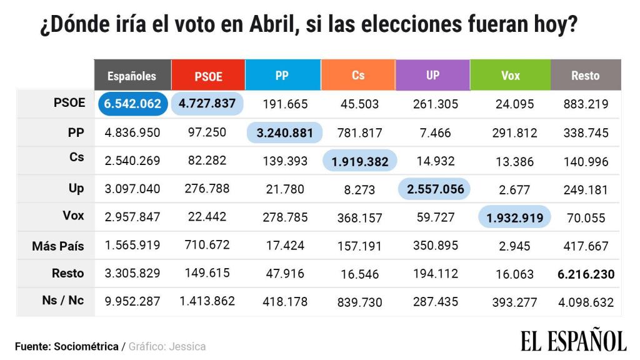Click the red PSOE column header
[x=208, y=76]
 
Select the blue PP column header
[x=282, y=76]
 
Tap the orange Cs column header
[x=358, y=76]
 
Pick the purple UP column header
[x=432, y=76]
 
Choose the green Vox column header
[x=510, y=76]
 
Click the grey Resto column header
[x=585, y=76]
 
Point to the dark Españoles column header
[x=132, y=76]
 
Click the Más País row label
[x=58, y=246]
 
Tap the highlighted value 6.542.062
[x=132, y=104]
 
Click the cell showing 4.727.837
[x=208, y=104]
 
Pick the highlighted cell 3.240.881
[x=285, y=132]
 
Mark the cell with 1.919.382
[x=360, y=161]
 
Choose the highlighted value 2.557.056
[x=435, y=189]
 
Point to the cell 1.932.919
[x=515, y=217]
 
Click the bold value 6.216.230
[x=586, y=274]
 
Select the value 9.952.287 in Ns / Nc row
[x=132, y=301]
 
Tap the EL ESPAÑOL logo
[x=573, y=341]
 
